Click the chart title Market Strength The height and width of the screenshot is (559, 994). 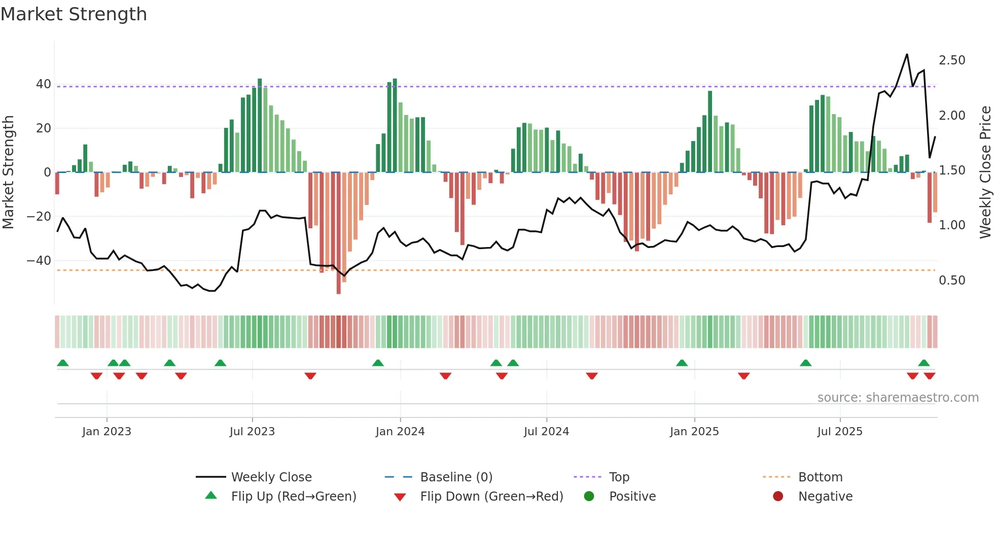(74, 14)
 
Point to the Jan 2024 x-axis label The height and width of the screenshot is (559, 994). (400, 432)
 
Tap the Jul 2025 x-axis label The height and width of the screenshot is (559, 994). (839, 432)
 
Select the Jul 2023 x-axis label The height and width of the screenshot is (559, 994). (252, 432)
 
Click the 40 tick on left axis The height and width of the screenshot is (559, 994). (44, 84)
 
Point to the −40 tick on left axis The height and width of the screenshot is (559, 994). (39, 261)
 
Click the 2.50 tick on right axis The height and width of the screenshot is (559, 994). (952, 60)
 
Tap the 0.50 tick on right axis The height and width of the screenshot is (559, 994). (952, 281)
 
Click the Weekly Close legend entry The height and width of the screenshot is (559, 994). (271, 477)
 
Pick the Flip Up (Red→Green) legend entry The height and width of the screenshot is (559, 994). (293, 497)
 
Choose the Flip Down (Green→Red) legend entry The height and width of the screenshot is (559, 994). (491, 497)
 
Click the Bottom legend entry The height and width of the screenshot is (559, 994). (820, 477)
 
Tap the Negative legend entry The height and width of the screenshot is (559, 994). (825, 497)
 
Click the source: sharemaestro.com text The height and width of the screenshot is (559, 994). (898, 398)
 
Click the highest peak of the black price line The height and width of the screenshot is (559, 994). (907, 55)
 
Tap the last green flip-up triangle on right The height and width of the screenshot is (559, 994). (924, 363)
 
